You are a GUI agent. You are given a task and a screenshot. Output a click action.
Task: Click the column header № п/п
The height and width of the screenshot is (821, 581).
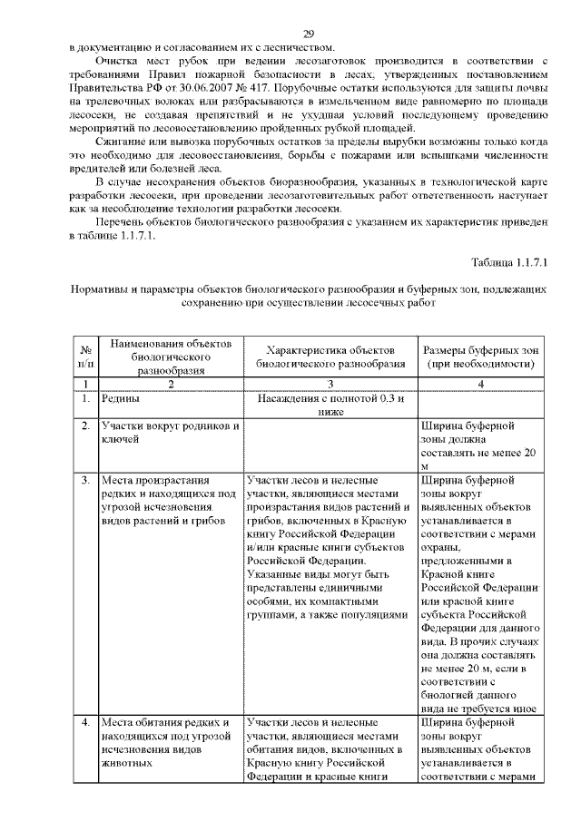(x=84, y=357)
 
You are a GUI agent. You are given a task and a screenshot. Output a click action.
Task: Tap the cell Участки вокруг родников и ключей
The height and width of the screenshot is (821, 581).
(x=170, y=433)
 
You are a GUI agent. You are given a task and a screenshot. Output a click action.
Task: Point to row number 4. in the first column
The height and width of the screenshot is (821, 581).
(x=84, y=723)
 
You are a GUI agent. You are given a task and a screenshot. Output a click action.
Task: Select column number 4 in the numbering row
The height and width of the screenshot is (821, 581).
(x=481, y=384)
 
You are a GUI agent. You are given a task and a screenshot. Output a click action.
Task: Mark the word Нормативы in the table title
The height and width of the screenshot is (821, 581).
(x=101, y=289)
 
